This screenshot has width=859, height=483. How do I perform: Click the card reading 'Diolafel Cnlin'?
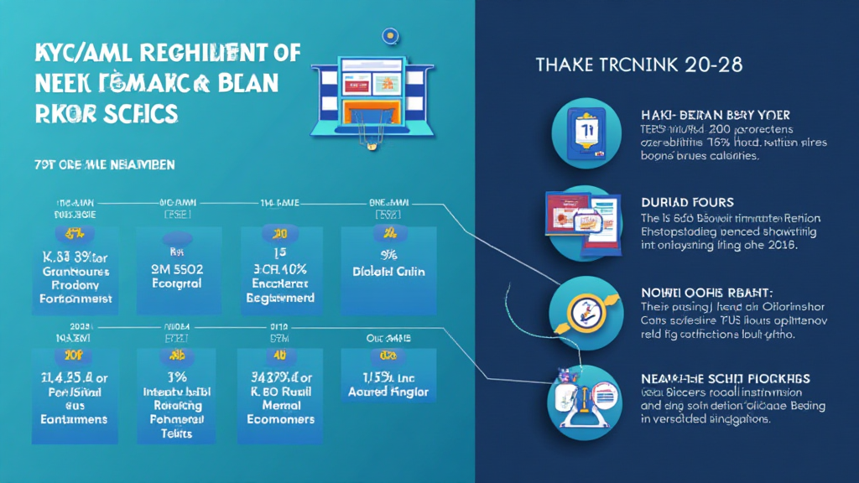click(388, 268)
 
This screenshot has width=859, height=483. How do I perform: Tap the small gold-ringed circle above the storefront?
click(388, 35)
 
